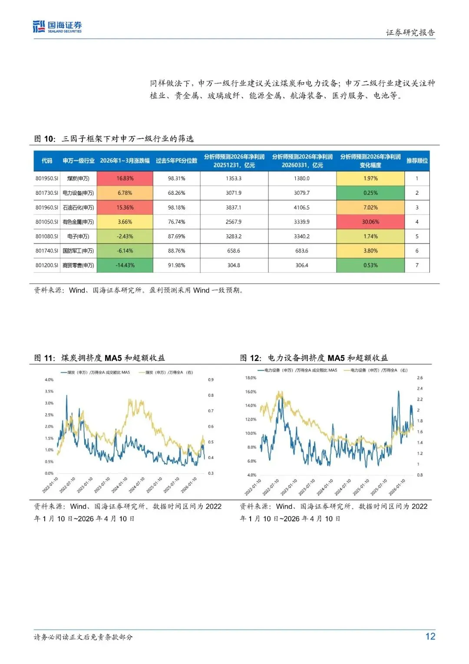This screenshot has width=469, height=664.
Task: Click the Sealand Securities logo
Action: (57, 27)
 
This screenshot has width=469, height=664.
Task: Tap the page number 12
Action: (430, 637)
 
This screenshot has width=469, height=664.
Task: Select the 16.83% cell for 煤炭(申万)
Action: (125, 178)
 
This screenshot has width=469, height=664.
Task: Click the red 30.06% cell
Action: (370, 222)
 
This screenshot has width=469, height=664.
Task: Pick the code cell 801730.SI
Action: (46, 193)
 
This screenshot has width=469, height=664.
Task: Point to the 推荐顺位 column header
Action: (417, 160)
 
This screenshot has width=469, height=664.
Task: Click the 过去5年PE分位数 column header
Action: (176, 160)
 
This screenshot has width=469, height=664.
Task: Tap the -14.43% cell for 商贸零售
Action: (125, 265)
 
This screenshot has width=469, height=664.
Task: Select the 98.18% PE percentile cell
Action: (176, 207)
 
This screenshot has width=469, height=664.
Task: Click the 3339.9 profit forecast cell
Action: (302, 222)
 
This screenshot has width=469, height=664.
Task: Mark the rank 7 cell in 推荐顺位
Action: (417, 265)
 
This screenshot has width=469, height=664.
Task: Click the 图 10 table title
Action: (114, 139)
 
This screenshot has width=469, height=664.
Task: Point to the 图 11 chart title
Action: (99, 358)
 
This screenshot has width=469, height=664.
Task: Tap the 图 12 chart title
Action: (314, 358)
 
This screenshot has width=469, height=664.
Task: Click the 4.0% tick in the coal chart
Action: (49, 380)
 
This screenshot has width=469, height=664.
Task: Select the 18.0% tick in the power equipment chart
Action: (251, 378)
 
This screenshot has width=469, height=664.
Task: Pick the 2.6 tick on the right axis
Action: (419, 378)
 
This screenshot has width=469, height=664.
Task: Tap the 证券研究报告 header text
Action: (410, 33)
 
